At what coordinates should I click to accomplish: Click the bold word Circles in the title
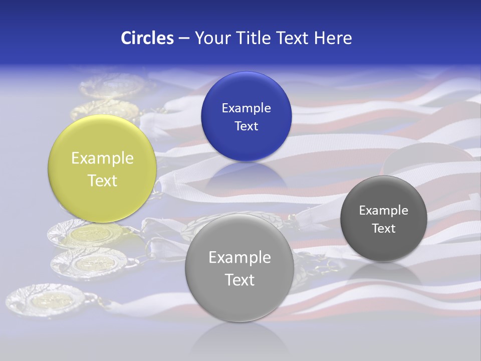tap(147, 38)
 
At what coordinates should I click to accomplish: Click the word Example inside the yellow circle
tap(102, 158)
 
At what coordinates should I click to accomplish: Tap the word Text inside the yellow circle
tap(102, 180)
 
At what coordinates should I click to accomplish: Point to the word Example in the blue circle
tap(246, 108)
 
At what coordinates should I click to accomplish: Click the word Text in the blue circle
tap(246, 126)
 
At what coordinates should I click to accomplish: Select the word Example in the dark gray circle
tap(383, 211)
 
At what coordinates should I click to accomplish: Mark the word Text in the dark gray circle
tap(383, 229)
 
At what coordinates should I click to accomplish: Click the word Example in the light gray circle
tap(239, 258)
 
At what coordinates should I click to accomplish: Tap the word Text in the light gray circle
tap(239, 280)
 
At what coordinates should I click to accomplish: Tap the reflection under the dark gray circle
tap(384, 274)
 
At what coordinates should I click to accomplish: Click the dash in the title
tap(184, 39)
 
